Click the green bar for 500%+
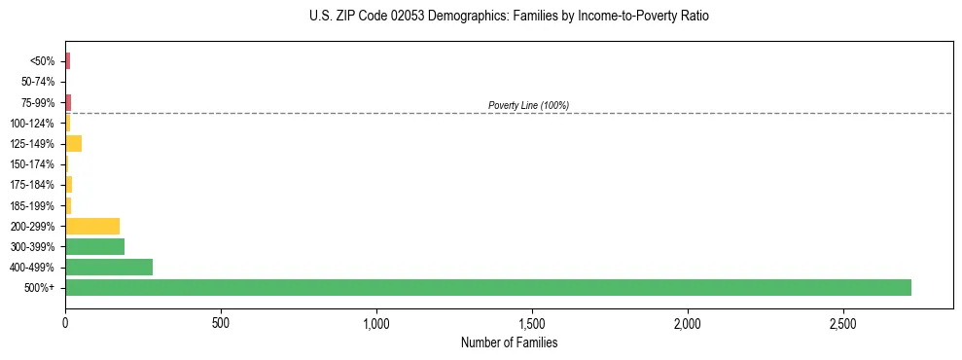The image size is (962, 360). point(487,287)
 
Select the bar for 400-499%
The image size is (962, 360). point(109,267)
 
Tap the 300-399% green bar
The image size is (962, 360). point(94,246)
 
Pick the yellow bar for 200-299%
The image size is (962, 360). point(92,226)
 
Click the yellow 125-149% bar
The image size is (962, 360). point(73,143)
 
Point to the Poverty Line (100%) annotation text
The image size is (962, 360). point(528,105)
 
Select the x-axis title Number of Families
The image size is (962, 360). point(509,342)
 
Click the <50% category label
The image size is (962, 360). point(43,61)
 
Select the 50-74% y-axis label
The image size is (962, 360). point(38,82)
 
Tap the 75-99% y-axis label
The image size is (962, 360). point(38,102)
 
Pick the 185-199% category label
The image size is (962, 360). point(34,205)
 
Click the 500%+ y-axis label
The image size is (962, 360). point(41,288)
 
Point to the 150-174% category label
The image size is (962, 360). point(34,164)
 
